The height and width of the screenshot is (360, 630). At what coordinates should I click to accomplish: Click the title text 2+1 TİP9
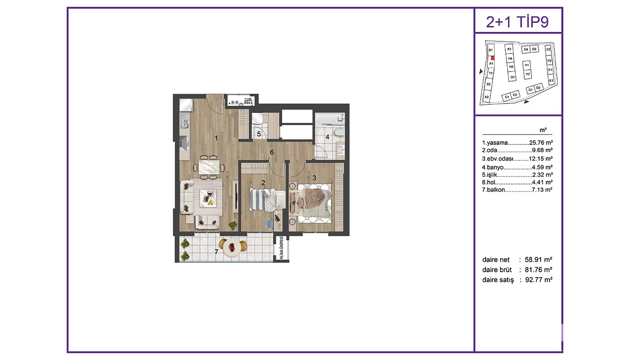517,22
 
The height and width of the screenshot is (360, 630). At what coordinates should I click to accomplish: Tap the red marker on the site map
492,58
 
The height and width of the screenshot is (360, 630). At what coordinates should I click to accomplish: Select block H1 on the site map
526,65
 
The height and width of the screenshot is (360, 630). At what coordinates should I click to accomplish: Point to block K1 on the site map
509,49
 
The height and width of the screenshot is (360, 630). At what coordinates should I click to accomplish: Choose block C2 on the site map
515,95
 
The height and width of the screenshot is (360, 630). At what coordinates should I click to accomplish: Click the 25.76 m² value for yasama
541,143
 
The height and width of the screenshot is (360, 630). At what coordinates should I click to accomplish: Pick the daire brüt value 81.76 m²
538,270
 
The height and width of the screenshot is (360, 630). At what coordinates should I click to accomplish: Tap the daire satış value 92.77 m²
539,279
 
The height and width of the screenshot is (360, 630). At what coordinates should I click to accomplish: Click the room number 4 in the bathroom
328,137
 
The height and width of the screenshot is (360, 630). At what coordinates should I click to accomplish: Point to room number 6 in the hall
272,152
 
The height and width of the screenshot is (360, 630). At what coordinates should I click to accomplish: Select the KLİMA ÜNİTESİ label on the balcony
282,248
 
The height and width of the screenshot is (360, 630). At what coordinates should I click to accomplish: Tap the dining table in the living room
209,167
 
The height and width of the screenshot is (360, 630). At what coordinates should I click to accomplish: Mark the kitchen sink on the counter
184,123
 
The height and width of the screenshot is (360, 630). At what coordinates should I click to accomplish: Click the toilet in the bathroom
338,132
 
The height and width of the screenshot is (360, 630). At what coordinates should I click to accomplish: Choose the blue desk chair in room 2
269,224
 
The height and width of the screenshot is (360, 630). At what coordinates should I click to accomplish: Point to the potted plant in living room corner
233,225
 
